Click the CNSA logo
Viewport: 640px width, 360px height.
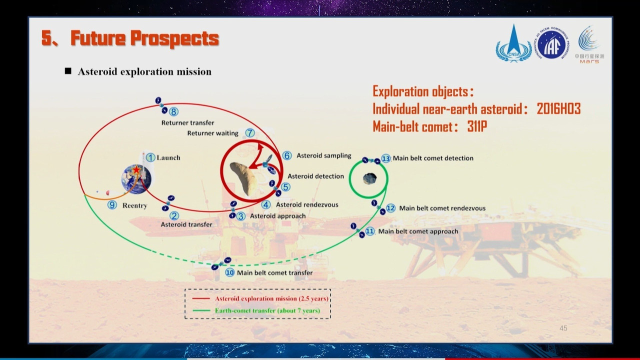tap(513, 43)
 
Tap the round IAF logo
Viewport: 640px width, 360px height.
tap(552, 43)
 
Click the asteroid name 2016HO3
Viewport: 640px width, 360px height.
tap(559, 109)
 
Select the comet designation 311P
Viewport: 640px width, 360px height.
tap(477, 126)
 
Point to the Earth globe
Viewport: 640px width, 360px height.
tap(136, 179)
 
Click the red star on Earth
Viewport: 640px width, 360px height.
tap(136, 169)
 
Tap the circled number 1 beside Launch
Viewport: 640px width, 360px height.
tap(150, 157)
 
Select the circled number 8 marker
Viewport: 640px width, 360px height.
tap(173, 111)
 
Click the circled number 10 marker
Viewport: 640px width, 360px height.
tap(229, 272)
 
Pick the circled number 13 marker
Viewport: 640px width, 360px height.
tap(385, 158)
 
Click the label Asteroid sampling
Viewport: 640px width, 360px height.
tap(323, 155)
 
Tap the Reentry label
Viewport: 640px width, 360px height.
tap(135, 205)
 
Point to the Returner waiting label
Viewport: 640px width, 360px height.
tap(212, 133)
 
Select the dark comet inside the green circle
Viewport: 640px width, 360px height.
tap(369, 178)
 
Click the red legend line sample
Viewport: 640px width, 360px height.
tap(201, 298)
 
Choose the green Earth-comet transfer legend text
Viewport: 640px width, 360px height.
tap(267, 310)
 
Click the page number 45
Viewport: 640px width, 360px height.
tap(563, 328)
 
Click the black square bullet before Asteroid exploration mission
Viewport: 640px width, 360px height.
tap(68, 71)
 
